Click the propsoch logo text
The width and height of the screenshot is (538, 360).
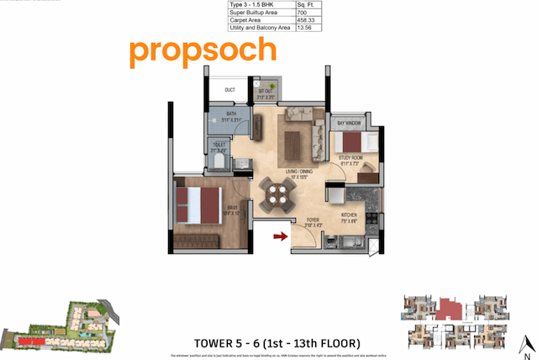(203, 51)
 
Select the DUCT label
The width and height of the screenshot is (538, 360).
(229, 91)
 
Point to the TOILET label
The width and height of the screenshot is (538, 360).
(217, 148)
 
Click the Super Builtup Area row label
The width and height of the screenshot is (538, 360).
(254, 15)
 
